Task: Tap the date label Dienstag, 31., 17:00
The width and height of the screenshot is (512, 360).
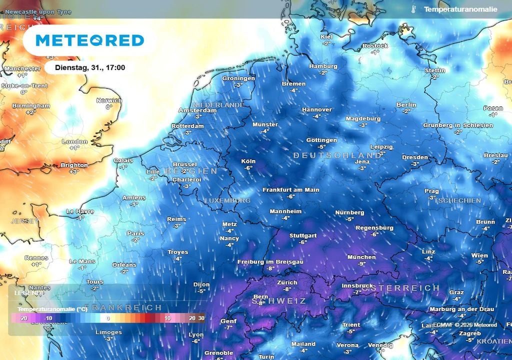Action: pos(90,67)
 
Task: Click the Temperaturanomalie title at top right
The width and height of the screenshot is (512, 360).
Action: pos(460,9)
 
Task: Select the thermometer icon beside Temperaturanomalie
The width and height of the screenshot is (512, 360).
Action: pos(413,9)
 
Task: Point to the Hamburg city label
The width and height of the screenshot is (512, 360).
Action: pos(323,66)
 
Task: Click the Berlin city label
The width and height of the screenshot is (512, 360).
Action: pos(406,104)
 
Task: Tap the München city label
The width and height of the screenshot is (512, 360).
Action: pos(361,257)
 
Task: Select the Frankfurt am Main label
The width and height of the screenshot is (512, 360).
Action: pos(290,190)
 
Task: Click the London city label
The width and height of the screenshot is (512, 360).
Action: pos(74,141)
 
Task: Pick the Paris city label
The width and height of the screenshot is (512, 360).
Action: pos(135,233)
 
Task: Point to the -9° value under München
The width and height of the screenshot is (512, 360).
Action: pos(361,263)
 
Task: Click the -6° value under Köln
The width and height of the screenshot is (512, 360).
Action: pos(248,168)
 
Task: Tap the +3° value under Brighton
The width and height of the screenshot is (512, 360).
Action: pos(74,171)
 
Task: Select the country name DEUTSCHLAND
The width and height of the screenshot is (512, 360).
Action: pos(337,155)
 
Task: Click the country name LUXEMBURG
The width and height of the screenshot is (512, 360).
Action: pos(227,200)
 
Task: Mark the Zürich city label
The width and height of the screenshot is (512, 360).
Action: pos(287,282)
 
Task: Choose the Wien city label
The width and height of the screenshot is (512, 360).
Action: pos(479,255)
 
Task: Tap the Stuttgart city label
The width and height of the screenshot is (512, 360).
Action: pos(302,235)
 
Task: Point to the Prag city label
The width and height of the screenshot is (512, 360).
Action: pos(431,191)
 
